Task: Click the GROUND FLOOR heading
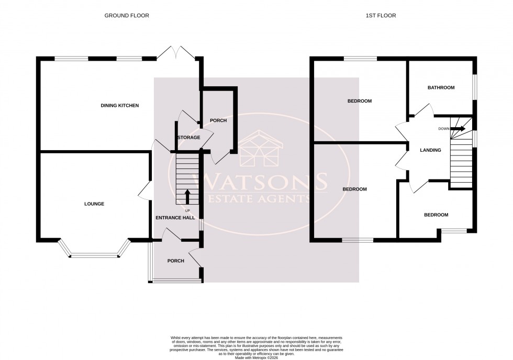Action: (x=127, y=16)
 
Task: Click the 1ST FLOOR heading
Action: (x=381, y=16)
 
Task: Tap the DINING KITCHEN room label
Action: (x=120, y=106)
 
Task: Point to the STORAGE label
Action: (x=188, y=138)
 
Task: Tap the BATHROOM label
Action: (x=441, y=88)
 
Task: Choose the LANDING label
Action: (x=430, y=151)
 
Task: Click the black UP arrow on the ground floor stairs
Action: (x=187, y=196)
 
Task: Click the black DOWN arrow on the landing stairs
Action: (x=458, y=128)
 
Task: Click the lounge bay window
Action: (x=94, y=252)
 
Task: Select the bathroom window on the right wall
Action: (x=475, y=85)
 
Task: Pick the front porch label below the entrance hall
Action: (x=175, y=261)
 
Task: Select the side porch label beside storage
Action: (x=218, y=121)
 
